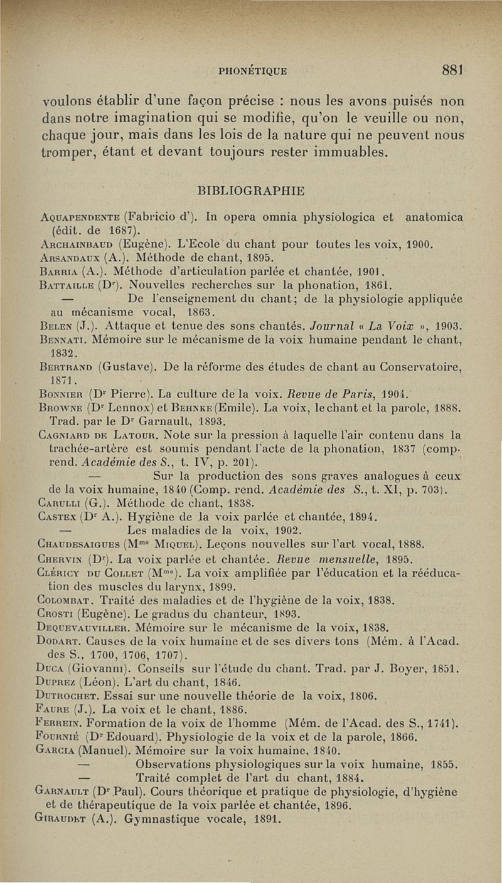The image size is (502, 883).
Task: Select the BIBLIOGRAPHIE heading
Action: (x=251, y=190)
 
